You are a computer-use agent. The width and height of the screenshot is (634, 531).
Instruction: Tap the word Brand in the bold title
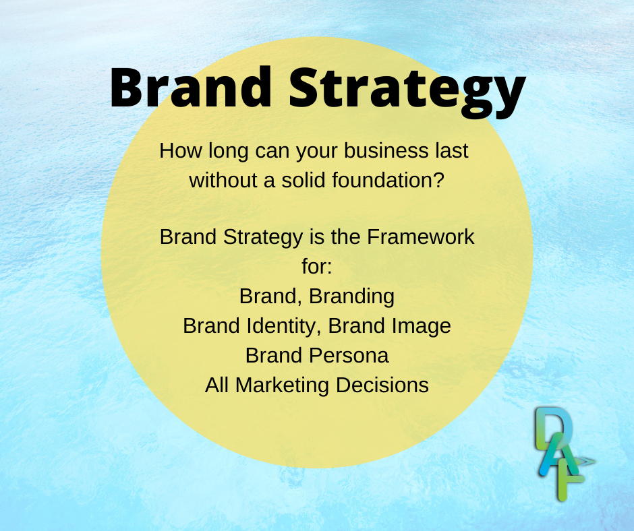(x=190, y=88)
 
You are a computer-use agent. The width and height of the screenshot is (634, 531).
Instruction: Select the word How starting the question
(x=181, y=151)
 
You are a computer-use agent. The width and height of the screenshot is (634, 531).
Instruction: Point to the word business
(x=386, y=151)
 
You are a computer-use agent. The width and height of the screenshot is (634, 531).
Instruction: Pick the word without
(x=223, y=180)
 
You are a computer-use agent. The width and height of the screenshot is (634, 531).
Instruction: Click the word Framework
(x=420, y=237)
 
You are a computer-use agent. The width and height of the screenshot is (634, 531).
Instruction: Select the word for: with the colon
(x=316, y=267)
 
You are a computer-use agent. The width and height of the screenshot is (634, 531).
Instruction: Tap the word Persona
(x=349, y=356)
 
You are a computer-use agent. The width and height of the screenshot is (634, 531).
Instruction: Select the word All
(x=217, y=385)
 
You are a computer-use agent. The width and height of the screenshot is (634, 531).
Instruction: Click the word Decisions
(x=382, y=385)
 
